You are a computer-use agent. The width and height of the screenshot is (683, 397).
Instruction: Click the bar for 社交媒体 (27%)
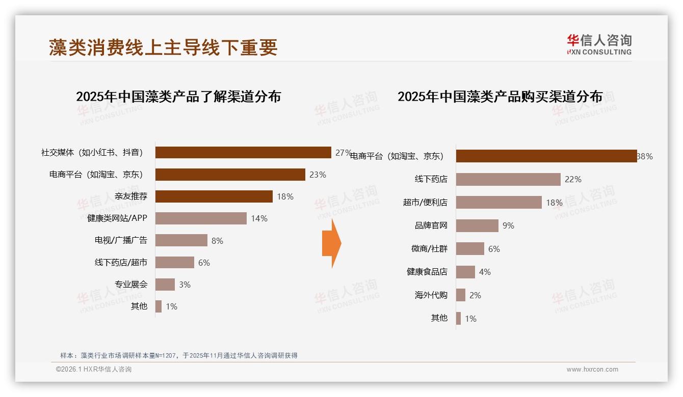point(243,153)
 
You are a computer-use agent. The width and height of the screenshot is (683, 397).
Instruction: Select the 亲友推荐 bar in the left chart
point(214,196)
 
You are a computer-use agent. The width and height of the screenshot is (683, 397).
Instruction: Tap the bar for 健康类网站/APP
point(201,218)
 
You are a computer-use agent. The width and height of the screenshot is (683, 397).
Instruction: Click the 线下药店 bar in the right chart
point(508,179)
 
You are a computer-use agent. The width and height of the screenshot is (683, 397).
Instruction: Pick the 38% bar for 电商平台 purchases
point(546,156)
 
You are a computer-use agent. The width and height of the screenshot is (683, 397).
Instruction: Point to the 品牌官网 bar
point(477,225)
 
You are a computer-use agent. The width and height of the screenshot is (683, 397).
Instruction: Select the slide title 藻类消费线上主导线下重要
point(163,47)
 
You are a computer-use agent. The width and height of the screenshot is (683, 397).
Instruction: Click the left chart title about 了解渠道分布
point(178,97)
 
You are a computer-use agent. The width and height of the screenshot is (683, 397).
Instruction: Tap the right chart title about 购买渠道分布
point(500,97)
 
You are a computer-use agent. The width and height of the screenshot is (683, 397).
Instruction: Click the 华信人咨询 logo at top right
point(599,45)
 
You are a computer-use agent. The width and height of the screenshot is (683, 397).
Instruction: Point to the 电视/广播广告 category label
point(121,240)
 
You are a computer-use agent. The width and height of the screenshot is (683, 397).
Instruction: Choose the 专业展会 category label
point(131,284)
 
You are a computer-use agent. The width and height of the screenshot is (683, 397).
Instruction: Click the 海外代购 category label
point(431,295)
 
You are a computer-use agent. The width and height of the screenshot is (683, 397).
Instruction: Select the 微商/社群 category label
point(429,248)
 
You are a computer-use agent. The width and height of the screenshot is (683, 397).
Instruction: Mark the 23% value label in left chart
point(318,175)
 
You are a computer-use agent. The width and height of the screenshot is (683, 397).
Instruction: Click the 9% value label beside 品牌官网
point(508,225)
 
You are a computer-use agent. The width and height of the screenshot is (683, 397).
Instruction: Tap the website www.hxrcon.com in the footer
point(592,370)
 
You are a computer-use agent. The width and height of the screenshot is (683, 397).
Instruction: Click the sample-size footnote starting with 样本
point(178,355)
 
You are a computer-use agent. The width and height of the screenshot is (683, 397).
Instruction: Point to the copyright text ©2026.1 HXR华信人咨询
point(94,370)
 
